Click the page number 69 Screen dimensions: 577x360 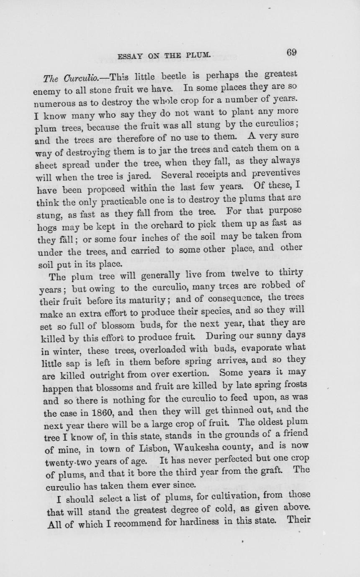click(292, 53)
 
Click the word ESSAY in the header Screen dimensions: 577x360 click(131, 56)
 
